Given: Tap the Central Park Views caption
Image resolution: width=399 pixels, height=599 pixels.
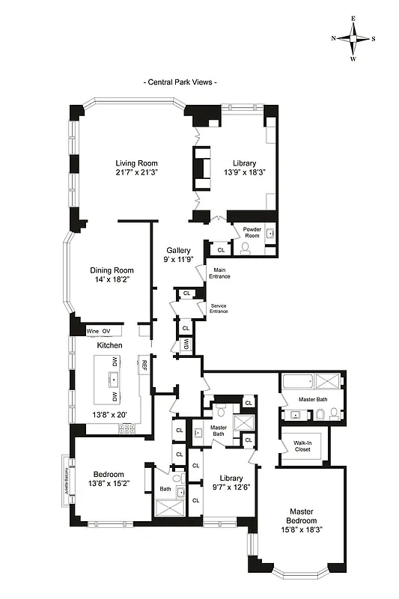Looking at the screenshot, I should [x=180, y=82].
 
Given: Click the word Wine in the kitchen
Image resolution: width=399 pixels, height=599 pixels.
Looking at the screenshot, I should [x=93, y=330].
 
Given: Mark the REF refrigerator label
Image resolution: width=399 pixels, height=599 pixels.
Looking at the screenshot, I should [x=144, y=365].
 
